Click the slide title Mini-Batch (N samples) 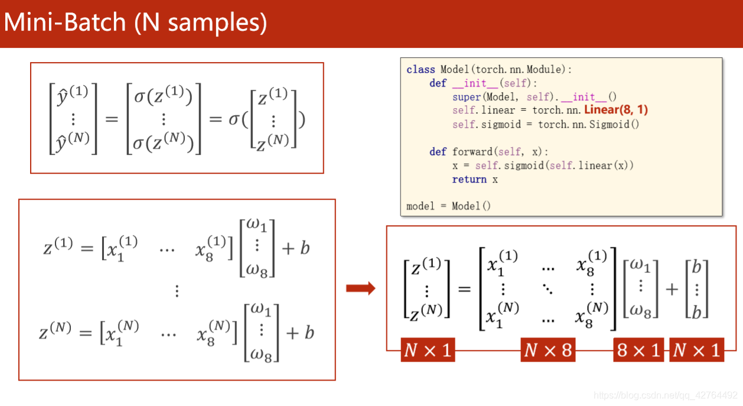[x=135, y=22]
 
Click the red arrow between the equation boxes [x=360, y=288]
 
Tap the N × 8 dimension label [x=548, y=350]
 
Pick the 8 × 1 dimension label [x=638, y=350]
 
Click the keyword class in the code [x=421, y=70]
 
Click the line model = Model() [x=448, y=206]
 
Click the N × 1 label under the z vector [x=427, y=350]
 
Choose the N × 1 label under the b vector [x=696, y=350]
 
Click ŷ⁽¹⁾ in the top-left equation [x=73, y=96]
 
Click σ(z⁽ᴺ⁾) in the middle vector [x=164, y=142]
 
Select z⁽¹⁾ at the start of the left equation [x=58, y=246]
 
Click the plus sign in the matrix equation [x=672, y=289]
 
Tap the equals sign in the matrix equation [x=465, y=289]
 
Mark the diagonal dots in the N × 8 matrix [x=548, y=289]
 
